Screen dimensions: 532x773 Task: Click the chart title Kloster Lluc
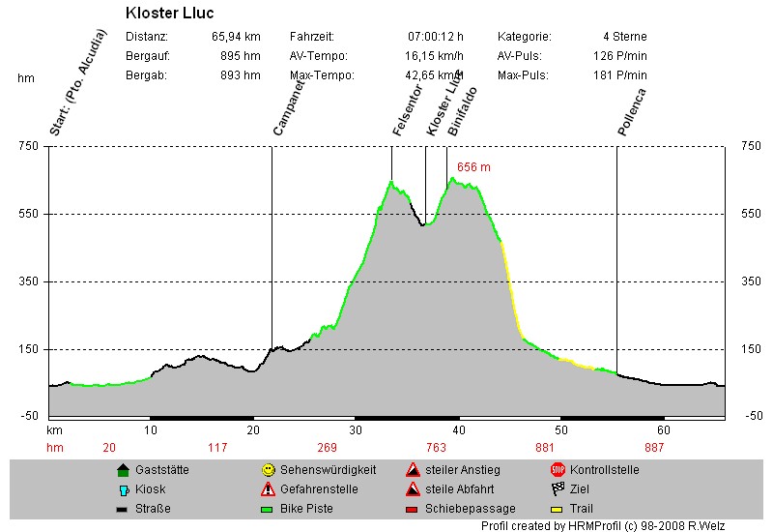coord(170,14)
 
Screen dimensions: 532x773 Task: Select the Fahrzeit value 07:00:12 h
coord(436,37)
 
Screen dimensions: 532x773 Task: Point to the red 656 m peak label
coord(473,167)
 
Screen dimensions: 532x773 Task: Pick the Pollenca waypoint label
coord(631,111)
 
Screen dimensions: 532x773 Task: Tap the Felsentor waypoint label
coord(403,112)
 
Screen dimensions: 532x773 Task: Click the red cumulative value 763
coord(436,447)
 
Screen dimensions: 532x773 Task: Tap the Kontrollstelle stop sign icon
coord(558,470)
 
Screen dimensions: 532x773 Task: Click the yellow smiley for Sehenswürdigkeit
coord(268,470)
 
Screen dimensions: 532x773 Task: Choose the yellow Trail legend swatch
coord(557,509)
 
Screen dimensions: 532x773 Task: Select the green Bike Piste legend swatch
coord(268,509)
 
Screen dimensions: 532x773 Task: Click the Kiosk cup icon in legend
coord(123,489)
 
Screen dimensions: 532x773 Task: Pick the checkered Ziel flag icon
coord(558,489)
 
